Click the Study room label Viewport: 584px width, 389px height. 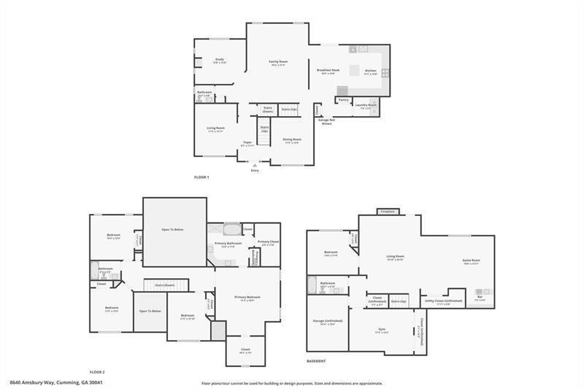219,59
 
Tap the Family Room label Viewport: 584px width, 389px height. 278,61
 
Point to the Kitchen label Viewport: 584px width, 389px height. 371,70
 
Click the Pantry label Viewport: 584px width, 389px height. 343,99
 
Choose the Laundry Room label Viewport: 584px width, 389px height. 366,105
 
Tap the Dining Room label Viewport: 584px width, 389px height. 292,139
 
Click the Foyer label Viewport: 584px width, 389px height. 247,142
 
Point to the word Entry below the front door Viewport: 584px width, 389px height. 255,170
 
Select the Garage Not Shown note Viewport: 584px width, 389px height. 326,121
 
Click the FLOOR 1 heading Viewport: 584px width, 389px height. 201,177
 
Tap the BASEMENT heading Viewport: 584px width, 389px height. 317,361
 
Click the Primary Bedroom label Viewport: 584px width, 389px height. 247,297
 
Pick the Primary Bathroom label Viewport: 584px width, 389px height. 228,243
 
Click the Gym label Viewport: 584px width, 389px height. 382,329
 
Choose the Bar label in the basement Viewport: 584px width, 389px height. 480,297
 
